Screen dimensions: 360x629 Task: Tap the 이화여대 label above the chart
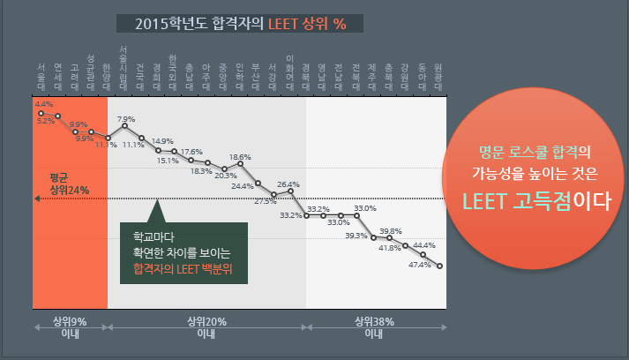point(290,71)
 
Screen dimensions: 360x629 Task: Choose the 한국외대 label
point(174,71)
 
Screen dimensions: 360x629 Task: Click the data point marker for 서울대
point(41,113)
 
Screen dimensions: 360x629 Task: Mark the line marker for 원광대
point(438,266)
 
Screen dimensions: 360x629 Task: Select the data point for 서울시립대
point(124,125)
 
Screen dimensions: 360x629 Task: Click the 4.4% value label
point(43,104)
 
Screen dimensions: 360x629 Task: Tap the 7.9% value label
point(125,118)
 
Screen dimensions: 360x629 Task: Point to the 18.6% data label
point(240,157)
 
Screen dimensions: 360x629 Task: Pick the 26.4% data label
point(288,184)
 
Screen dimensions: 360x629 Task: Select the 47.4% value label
point(421,264)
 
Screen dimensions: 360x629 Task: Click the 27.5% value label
point(265,201)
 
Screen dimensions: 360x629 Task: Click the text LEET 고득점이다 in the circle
point(538,199)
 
